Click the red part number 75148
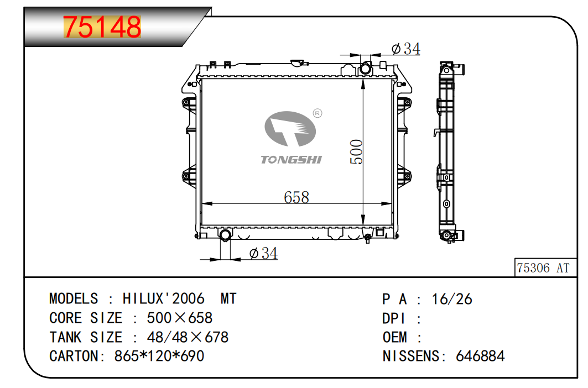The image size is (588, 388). (102, 27)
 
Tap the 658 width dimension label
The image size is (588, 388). (296, 197)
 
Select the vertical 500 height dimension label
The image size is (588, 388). (356, 152)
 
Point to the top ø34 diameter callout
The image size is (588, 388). (406, 49)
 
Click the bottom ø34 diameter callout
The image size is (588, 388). (263, 254)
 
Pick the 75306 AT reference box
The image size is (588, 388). (545, 268)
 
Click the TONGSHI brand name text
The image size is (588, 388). (292, 160)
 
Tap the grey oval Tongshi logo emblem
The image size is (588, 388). (290, 129)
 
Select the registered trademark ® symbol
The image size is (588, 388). (318, 113)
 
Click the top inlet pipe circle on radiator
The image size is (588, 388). (365, 69)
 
